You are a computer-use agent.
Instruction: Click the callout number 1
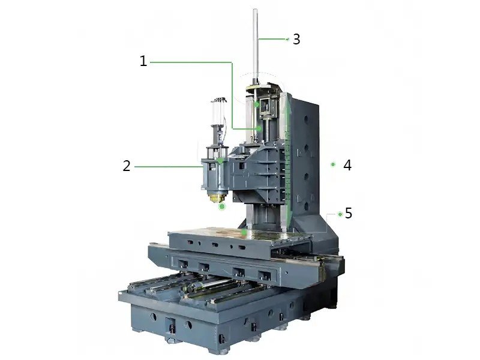tap(143, 61)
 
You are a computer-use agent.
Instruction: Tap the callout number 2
tap(127, 166)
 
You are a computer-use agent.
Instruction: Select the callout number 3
tap(296, 39)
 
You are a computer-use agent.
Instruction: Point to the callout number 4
tap(347, 166)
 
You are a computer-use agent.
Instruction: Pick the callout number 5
tap(349, 213)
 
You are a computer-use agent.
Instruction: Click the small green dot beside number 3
tap(287, 39)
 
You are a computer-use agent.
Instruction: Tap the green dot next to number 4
tap(333, 164)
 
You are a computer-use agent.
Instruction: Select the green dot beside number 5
tap(340, 214)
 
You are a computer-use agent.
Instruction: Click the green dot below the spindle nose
tap(222, 206)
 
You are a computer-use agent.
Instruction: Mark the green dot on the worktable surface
tap(244, 233)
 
